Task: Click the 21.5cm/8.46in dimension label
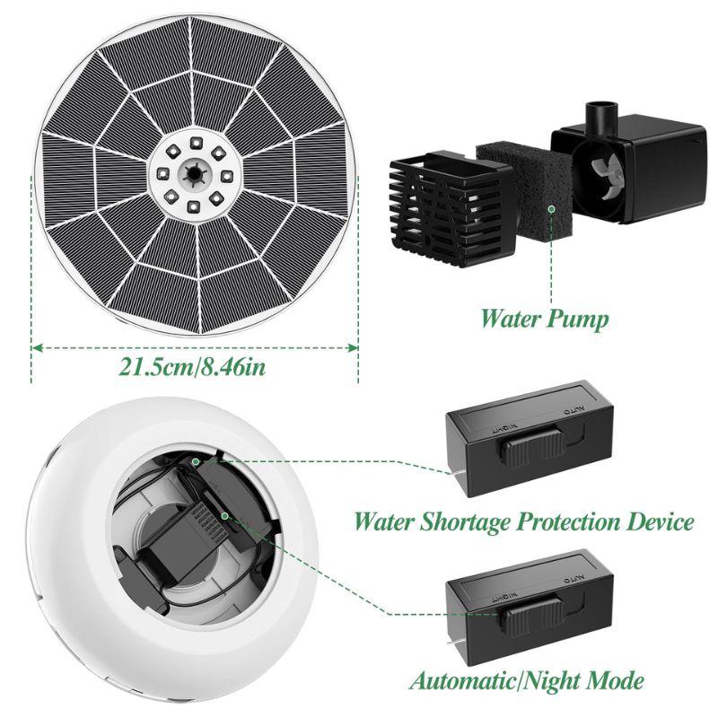point(192,367)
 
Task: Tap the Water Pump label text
point(545,320)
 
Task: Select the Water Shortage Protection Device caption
point(524,521)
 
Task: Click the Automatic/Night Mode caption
point(527,680)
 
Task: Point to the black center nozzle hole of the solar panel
point(194,174)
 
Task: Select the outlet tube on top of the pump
point(601,118)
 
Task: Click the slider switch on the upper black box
point(531,446)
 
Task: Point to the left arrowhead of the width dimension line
point(37,348)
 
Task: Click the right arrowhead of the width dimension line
point(353,348)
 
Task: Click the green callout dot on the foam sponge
point(552,208)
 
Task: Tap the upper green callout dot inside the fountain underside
point(196,461)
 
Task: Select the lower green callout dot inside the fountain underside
point(225,516)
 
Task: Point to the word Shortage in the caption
point(464,522)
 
